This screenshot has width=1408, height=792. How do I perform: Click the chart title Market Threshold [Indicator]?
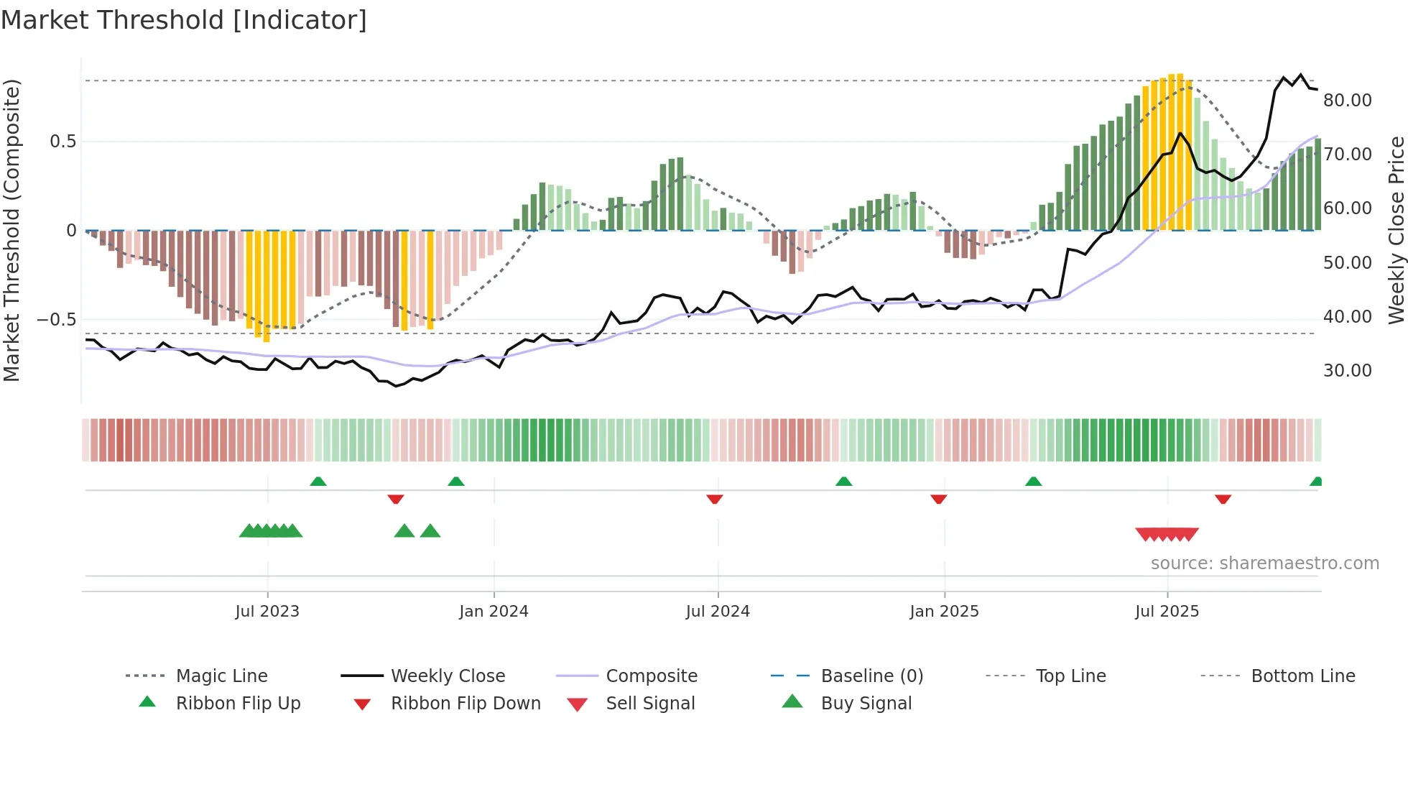[x=184, y=20]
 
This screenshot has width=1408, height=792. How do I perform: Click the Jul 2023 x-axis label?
[x=267, y=612]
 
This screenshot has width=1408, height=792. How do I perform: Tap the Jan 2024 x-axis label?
[x=494, y=612]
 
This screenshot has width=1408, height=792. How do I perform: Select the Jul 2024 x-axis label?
[x=718, y=612]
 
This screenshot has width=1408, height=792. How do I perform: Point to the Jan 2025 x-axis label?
[x=944, y=612]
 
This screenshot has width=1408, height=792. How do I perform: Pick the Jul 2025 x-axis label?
[x=1167, y=612]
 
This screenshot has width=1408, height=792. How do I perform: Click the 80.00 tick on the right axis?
[x=1348, y=101]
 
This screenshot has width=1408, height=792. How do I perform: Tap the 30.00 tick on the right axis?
[x=1348, y=371]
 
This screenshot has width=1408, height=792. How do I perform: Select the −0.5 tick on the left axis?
[x=57, y=320]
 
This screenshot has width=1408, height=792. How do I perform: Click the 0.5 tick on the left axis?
[x=63, y=142]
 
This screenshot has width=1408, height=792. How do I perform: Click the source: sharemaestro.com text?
[x=1264, y=563]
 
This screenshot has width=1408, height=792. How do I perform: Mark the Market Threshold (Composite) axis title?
[x=11, y=230]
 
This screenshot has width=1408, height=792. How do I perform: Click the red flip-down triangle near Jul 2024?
[x=714, y=499]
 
